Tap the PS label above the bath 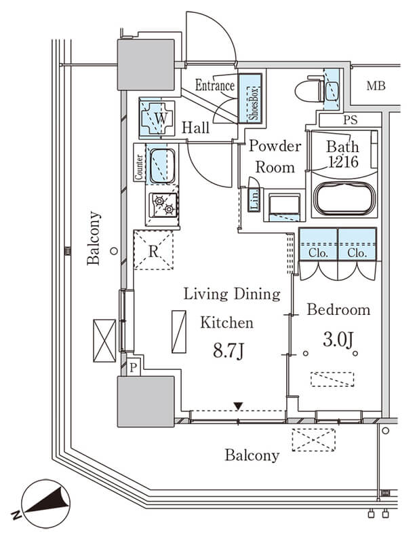pos(351,121)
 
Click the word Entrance pos(215,86)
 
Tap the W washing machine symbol pos(158,118)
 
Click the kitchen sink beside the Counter pos(161,166)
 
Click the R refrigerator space pos(154,250)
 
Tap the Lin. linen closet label pos(254,200)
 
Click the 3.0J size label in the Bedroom pos(338,339)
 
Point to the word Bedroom pos(339,310)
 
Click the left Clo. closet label pos(319,252)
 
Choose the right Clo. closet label pos(357,252)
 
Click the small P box pos(134,368)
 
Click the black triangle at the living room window pos(238,406)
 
